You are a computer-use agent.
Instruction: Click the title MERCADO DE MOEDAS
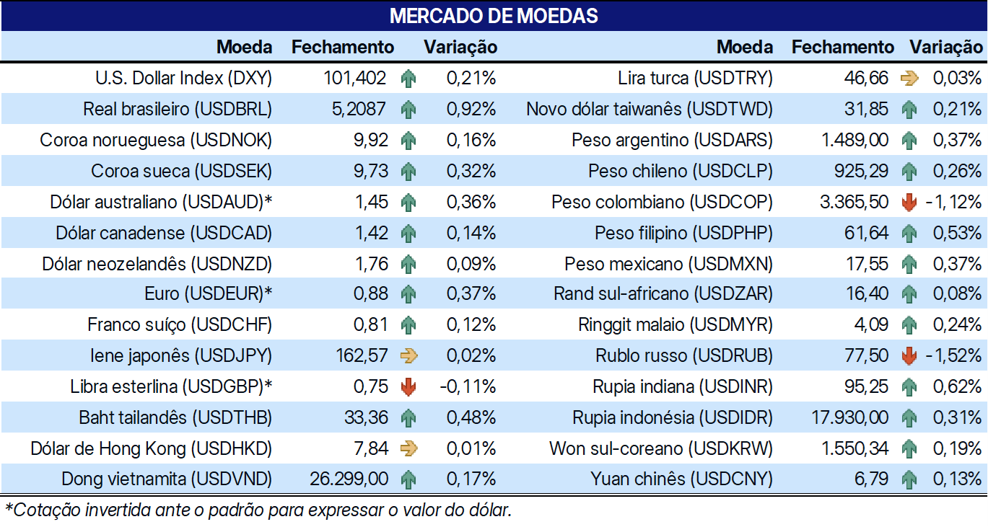[494, 16]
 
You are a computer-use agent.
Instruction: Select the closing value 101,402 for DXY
[354, 79]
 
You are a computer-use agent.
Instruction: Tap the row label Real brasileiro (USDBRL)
[178, 110]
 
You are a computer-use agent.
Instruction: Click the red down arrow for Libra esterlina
[408, 387]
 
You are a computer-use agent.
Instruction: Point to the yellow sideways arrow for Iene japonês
[409, 355]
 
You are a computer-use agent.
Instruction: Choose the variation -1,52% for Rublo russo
[953, 355]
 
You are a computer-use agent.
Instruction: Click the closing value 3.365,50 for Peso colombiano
[854, 203]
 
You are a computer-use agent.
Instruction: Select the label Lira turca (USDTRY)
[695, 79]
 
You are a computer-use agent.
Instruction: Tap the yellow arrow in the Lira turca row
[909, 79]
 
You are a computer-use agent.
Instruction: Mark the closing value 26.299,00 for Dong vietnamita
[349, 479]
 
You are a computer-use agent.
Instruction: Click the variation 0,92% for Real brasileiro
[471, 110]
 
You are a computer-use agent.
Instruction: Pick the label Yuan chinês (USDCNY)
[681, 479]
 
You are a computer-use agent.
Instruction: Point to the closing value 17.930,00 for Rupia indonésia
[849, 417]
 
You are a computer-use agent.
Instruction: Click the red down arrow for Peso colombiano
[909, 203]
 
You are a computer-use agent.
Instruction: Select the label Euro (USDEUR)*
[208, 294]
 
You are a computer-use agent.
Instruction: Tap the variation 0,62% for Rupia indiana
[957, 387]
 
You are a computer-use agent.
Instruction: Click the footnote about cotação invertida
[258, 510]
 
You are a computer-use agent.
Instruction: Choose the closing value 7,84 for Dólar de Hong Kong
[371, 448]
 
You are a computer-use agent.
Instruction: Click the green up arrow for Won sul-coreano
[909, 448]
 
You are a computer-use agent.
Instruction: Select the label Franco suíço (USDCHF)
[180, 325]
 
